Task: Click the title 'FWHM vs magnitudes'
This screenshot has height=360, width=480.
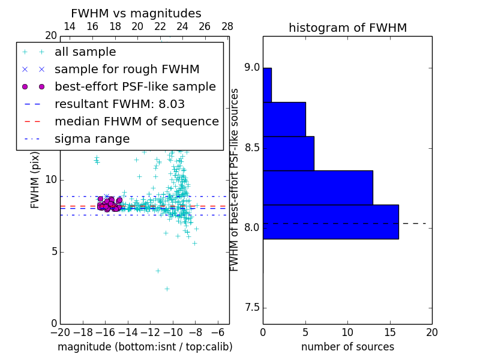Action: tap(136, 13)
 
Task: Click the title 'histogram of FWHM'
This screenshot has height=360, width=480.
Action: tap(347, 28)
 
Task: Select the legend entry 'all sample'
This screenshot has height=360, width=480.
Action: tap(85, 52)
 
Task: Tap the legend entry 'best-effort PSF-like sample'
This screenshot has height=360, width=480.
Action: tap(135, 87)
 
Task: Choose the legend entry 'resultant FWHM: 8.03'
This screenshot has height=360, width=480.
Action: tap(119, 104)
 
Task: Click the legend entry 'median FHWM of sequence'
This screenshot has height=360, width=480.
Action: tap(136, 122)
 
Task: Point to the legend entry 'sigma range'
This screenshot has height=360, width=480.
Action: tap(92, 139)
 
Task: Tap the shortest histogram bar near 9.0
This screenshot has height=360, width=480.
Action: tap(267, 85)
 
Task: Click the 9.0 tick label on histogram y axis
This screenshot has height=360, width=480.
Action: tap(251, 68)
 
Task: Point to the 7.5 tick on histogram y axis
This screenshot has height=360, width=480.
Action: tap(251, 308)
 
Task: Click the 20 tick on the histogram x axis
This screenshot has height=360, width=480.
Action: tap(431, 332)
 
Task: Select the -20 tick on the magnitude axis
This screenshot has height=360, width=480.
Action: tap(60, 332)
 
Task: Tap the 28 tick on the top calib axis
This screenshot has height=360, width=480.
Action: tap(227, 27)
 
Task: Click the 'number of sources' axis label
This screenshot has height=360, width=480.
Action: tap(347, 347)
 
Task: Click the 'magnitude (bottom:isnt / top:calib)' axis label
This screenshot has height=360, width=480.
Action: tap(145, 347)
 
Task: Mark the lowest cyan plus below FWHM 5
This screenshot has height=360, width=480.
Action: tap(167, 289)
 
